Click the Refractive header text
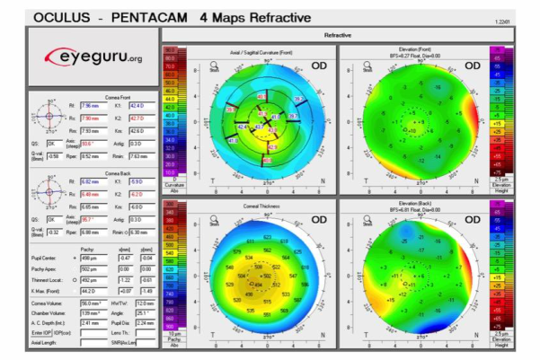coord(336,34)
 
